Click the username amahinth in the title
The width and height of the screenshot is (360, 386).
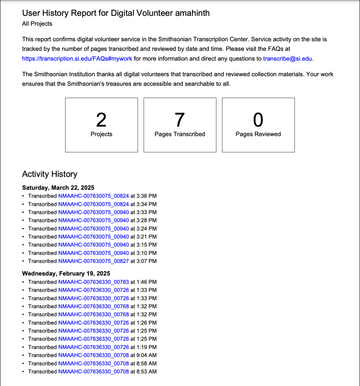click(192, 13)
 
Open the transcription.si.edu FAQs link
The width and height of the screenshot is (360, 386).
click(77, 59)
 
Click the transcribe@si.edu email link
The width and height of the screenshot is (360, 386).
click(287, 59)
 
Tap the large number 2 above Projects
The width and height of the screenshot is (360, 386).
click(101, 120)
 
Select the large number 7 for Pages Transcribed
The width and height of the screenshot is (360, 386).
click(180, 120)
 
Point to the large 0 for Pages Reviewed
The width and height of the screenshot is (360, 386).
click(258, 120)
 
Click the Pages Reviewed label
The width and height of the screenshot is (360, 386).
click(258, 134)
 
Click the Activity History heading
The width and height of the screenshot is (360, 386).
click(50, 174)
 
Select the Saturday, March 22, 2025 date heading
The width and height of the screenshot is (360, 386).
click(58, 188)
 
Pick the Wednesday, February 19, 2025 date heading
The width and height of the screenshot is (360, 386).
click(66, 274)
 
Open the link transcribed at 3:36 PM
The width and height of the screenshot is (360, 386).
click(93, 196)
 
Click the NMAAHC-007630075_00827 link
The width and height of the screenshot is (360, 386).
click(93, 261)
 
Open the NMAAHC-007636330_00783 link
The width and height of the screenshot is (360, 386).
click(93, 282)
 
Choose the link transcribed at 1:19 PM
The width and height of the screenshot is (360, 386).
click(93, 347)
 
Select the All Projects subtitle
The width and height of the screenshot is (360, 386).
click(37, 24)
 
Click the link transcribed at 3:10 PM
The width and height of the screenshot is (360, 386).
click(93, 253)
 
